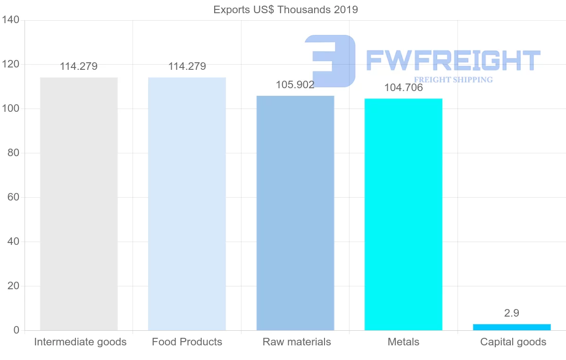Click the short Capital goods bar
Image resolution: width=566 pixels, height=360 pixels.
tap(512, 327)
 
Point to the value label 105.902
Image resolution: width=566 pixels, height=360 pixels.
tap(295, 84)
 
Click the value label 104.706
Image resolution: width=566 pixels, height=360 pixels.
tap(403, 87)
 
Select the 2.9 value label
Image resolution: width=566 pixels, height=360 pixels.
tap(512, 313)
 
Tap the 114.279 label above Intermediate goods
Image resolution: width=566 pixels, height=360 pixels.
tap(79, 67)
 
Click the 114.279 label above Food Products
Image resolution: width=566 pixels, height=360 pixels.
tap(187, 67)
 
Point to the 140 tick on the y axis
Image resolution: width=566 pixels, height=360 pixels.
tap(10, 20)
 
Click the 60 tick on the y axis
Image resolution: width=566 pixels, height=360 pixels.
tap(13, 197)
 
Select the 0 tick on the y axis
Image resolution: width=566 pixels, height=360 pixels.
tap(17, 330)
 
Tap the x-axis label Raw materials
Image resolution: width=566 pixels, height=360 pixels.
tap(297, 342)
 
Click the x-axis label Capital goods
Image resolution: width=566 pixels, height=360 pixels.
tap(513, 342)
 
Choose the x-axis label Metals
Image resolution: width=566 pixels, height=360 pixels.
tap(403, 342)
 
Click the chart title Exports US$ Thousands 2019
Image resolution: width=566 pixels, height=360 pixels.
tap(286, 10)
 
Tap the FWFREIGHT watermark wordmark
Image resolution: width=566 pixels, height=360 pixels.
tap(453, 60)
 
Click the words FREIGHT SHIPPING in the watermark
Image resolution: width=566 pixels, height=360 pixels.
tap(453, 80)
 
